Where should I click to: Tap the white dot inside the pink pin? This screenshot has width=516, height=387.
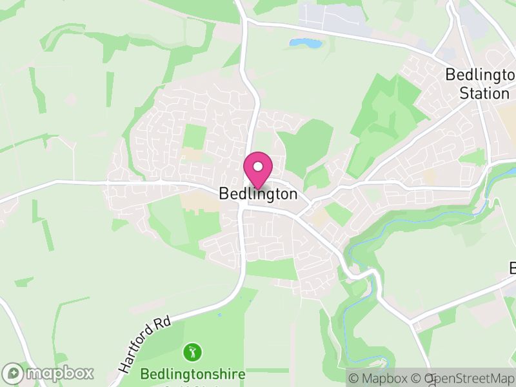[258, 166]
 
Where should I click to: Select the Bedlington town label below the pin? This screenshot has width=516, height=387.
[258, 193]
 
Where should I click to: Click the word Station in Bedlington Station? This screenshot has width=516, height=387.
[484, 93]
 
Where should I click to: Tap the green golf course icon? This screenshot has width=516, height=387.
[192, 352]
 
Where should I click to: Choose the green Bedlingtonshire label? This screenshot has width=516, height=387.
[193, 374]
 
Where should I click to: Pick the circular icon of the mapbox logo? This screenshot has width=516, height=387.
[14, 373]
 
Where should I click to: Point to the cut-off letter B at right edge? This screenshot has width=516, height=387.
[513, 268]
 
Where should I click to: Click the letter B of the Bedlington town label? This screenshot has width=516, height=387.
[224, 193]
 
